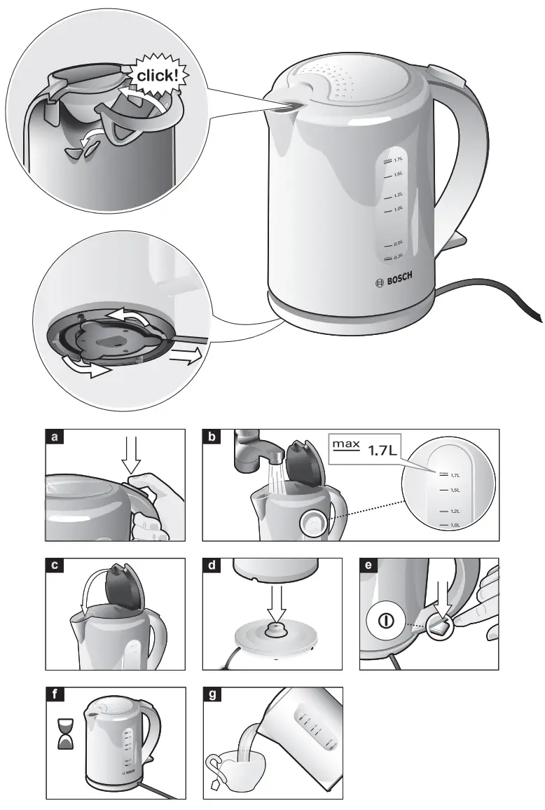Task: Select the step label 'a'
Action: click(x=54, y=438)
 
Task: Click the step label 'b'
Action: click(x=211, y=438)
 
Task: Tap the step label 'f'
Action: click(x=54, y=695)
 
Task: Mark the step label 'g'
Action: click(x=211, y=695)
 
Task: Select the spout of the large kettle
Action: click(x=283, y=102)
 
